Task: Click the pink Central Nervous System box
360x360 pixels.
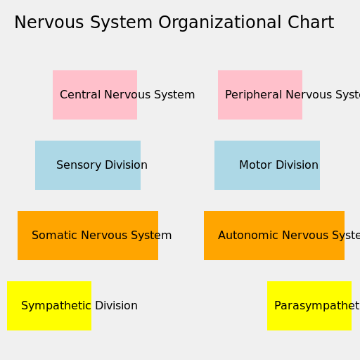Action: click(95, 95)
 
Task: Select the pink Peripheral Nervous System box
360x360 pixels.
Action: click(260, 95)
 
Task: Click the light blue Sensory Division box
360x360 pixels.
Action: click(88, 165)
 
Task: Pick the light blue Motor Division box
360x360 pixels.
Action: click(267, 165)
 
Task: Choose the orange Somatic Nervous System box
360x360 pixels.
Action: click(88, 236)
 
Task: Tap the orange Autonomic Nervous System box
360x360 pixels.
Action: click(274, 236)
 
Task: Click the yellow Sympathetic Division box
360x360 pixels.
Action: click(49, 306)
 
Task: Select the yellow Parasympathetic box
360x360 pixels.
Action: click(309, 306)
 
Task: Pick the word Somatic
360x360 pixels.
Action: click(53, 236)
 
